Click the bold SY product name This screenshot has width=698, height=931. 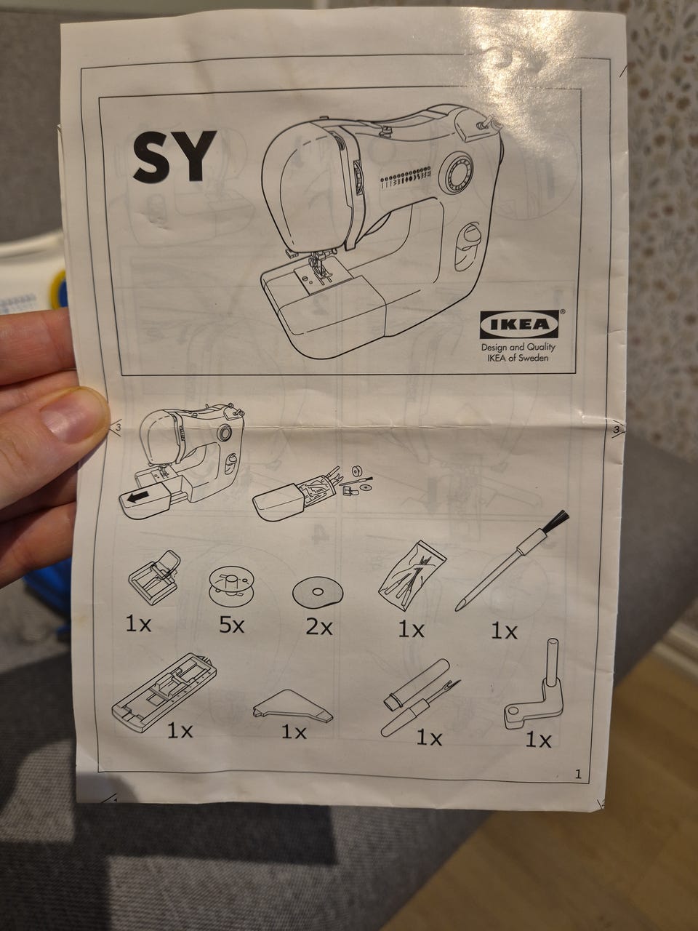click(x=174, y=156)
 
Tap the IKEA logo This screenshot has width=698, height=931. click(x=520, y=324)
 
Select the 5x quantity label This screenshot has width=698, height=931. click(x=231, y=626)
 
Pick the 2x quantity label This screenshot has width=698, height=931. click(x=319, y=627)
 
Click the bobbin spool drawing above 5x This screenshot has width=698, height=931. click(x=231, y=585)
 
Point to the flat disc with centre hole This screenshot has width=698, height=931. click(x=318, y=591)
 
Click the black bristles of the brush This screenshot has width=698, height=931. click(x=558, y=522)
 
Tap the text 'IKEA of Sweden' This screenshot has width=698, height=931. click(x=518, y=357)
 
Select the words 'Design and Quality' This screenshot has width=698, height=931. click(x=518, y=347)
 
